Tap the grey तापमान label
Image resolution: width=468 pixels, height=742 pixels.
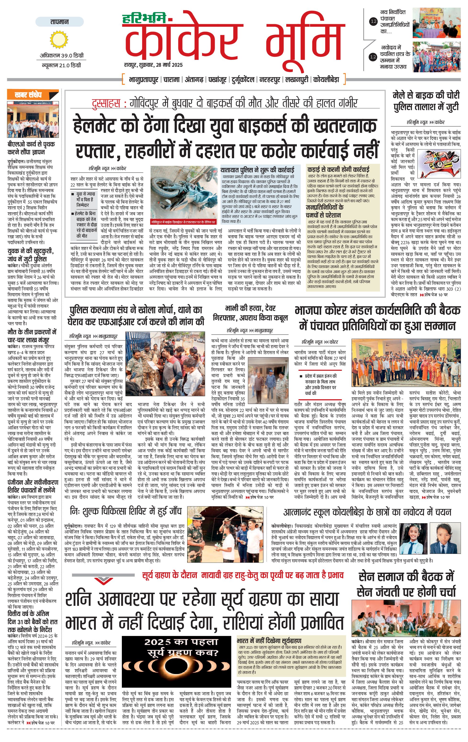pos(59,22)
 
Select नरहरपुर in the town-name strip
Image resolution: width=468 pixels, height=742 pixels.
pos(270,79)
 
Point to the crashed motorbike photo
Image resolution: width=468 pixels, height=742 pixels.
pos(184,194)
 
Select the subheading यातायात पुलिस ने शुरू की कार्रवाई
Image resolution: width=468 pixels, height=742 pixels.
pos(257,170)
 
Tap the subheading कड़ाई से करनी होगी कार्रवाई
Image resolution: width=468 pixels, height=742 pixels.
pos(338,169)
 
